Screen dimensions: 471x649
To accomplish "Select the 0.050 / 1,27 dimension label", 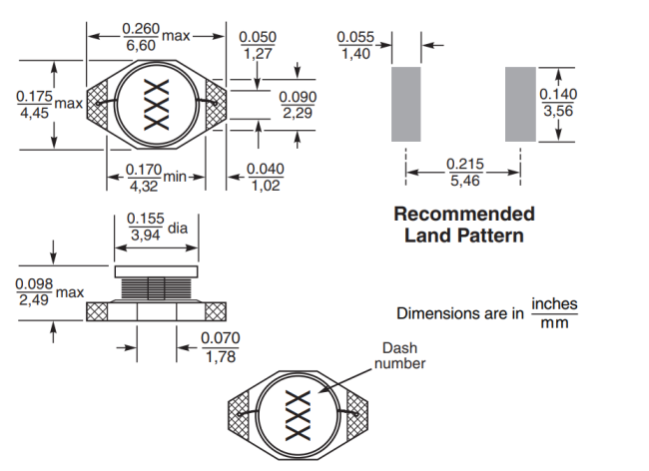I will [258, 45].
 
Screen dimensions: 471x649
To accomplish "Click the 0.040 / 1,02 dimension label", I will [264, 177].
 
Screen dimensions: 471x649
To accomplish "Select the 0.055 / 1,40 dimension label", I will [356, 45].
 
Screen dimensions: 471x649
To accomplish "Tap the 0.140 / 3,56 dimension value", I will [558, 102].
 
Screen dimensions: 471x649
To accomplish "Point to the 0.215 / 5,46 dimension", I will [464, 172].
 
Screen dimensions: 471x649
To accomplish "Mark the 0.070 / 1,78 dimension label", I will [221, 347].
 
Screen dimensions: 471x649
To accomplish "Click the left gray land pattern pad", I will [406, 105].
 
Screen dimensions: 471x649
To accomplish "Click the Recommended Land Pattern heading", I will [463, 225].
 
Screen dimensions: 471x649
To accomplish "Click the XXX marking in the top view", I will [159, 105].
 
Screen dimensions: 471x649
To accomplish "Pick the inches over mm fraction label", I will [554, 313].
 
